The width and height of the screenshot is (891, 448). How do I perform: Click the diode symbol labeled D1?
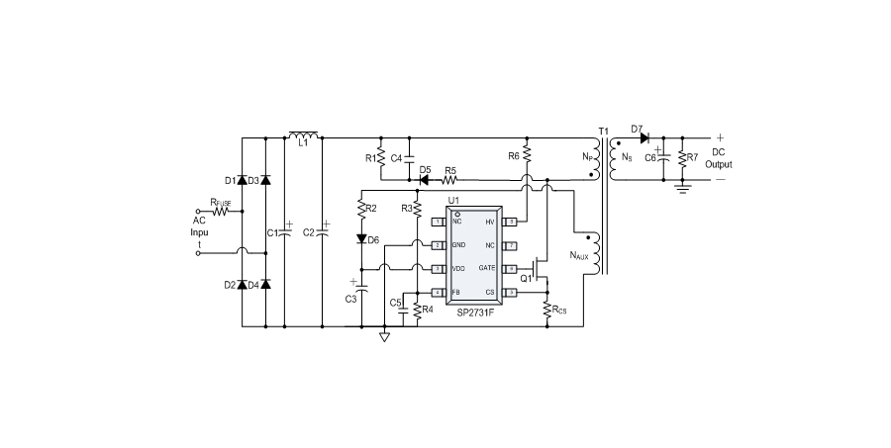pyautogui.click(x=244, y=180)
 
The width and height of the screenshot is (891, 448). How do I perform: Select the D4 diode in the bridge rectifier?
pyautogui.click(x=264, y=285)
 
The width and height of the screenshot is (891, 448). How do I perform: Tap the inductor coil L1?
pyautogui.click(x=303, y=135)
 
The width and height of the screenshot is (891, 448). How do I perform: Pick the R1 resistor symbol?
pyautogui.click(x=381, y=157)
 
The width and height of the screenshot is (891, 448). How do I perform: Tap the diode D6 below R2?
pyautogui.click(x=361, y=239)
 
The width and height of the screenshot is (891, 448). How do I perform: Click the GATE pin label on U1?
pyautogui.click(x=487, y=268)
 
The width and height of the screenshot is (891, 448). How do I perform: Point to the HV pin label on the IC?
pyautogui.click(x=489, y=222)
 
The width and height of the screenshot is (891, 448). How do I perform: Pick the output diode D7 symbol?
pyautogui.click(x=644, y=136)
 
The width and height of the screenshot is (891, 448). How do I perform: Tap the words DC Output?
pyautogui.click(x=720, y=158)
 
